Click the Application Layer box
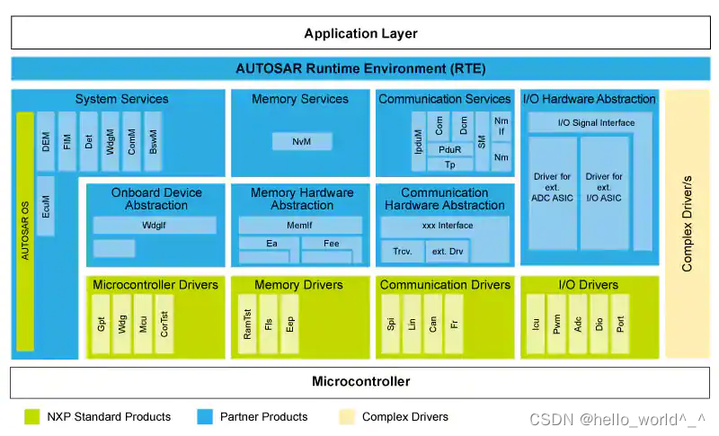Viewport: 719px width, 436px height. [359, 33]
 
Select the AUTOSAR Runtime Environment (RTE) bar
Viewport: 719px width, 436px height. [359, 68]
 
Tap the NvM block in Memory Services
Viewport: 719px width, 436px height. [302, 141]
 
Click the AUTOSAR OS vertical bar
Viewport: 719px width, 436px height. [25, 231]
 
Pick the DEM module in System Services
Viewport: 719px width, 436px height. [46, 141]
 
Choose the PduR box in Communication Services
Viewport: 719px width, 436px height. [449, 149]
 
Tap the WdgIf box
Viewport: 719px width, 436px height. [150, 225]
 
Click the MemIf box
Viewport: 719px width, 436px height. [300, 225]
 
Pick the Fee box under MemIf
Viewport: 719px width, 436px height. [331, 243]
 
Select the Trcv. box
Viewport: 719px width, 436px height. [402, 252]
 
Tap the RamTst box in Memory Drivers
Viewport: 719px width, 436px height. [246, 322]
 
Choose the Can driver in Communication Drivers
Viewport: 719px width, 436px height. [434, 322]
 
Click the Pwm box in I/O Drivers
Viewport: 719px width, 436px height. [557, 322]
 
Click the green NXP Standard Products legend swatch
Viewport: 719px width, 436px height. [31, 416]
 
